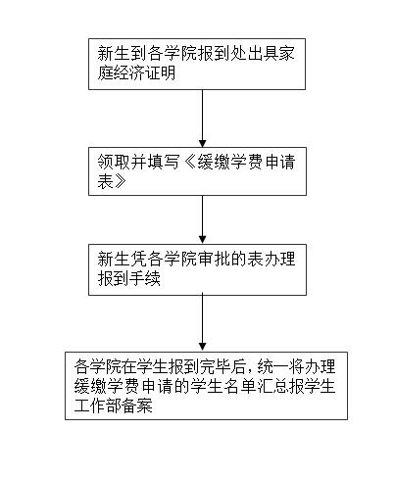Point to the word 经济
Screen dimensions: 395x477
129,73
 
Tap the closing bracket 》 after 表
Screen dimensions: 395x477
121,181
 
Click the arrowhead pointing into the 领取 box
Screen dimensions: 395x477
203,143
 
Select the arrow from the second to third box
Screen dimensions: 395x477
203,219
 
